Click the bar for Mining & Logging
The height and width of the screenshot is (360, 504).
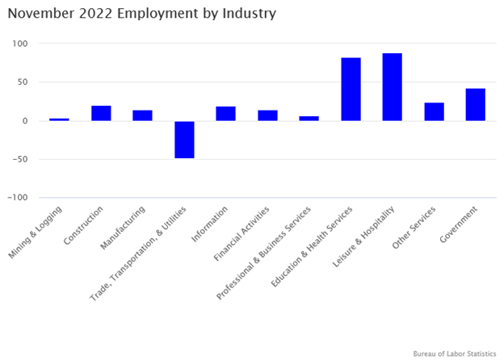tap(59, 119)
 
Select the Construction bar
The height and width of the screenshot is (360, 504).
tap(101, 113)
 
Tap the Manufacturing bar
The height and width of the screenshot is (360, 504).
tap(143, 115)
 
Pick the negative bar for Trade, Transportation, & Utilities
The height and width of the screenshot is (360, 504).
tap(184, 140)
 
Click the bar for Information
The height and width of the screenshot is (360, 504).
tap(226, 114)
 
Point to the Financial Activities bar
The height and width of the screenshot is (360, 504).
tap(267, 115)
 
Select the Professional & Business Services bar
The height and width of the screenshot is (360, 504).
tap(309, 119)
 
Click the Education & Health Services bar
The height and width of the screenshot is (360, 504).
tap(351, 90)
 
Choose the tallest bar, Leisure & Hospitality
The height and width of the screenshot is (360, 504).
tap(393, 87)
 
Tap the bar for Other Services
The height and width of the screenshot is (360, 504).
tap(434, 111)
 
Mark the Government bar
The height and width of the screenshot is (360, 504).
tap(476, 105)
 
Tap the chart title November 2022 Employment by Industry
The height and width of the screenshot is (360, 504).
tap(142, 14)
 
